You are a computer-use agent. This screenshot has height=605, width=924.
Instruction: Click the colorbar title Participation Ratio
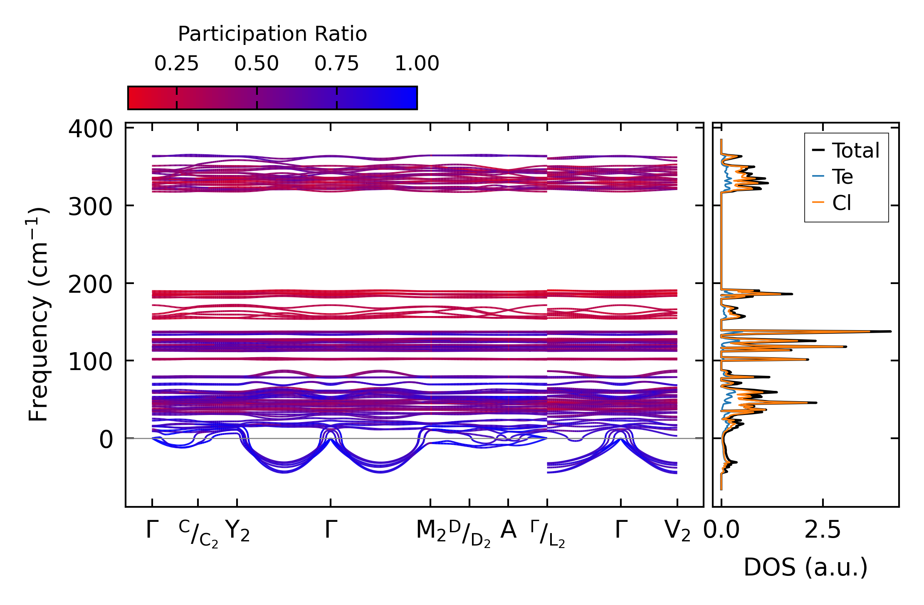click(x=272, y=34)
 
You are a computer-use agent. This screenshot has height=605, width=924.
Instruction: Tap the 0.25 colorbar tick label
click(x=176, y=64)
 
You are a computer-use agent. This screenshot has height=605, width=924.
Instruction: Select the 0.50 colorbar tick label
click(x=257, y=64)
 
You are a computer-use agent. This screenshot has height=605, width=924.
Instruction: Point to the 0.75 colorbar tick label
click(x=336, y=64)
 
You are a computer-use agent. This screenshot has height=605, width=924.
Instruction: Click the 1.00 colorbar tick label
click(x=417, y=64)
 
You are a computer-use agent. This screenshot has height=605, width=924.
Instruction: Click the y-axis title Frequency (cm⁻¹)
click(x=38, y=314)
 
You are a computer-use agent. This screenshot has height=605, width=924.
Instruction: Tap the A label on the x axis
click(x=508, y=530)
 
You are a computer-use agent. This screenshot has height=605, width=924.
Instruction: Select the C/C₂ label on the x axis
click(x=199, y=533)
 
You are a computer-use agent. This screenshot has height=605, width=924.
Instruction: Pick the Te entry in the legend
click(x=842, y=177)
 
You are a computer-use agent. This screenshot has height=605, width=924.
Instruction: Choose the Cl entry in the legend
click(x=842, y=203)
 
